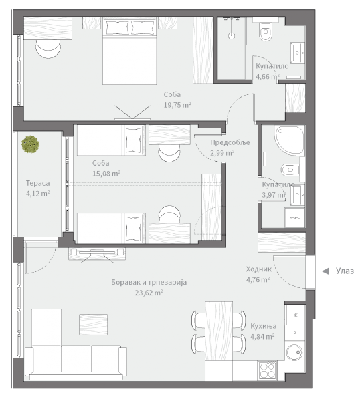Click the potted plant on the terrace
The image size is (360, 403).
click(30, 144)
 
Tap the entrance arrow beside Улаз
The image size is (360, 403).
click(325, 271)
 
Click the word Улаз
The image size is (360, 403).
click(345, 271)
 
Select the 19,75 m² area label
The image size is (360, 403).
click(177, 105)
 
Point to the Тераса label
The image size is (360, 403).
click(38, 183)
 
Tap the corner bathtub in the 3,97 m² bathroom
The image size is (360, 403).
click(290, 140)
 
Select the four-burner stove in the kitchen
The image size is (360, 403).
click(268, 370)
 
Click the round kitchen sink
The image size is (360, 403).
click(295, 352)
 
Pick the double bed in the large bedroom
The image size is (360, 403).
click(129, 51)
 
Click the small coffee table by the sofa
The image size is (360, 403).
click(93, 324)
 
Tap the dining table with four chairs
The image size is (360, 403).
click(219, 331)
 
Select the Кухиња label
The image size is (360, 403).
click(264, 326)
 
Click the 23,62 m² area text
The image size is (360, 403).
click(149, 293)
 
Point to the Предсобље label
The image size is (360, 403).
click(230, 142)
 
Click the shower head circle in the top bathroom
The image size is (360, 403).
click(232, 35)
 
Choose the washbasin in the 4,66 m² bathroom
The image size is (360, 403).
click(298, 53)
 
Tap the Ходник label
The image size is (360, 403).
click(258, 269)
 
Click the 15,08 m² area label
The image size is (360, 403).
click(106, 174)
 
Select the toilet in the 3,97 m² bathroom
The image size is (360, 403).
click(290, 170)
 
